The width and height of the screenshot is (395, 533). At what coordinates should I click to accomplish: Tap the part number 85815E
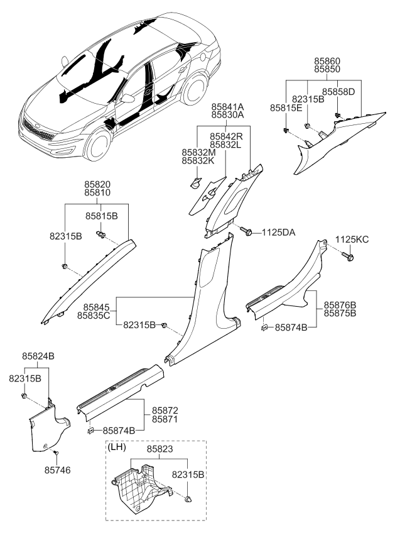coord(287,108)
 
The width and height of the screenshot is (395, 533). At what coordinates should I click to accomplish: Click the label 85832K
coord(199,161)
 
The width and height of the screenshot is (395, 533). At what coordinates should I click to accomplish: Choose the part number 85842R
coord(227,136)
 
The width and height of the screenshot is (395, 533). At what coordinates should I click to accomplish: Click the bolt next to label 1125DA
coord(247,233)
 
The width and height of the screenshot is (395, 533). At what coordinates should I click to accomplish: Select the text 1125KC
coord(352,239)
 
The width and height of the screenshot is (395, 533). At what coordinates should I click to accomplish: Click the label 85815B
coord(102,215)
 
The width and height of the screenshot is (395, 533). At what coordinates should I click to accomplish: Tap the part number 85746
coord(58,468)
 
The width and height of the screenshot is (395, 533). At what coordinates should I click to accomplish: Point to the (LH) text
coord(118,447)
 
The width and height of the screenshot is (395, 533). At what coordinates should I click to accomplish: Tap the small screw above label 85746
coord(55,452)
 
